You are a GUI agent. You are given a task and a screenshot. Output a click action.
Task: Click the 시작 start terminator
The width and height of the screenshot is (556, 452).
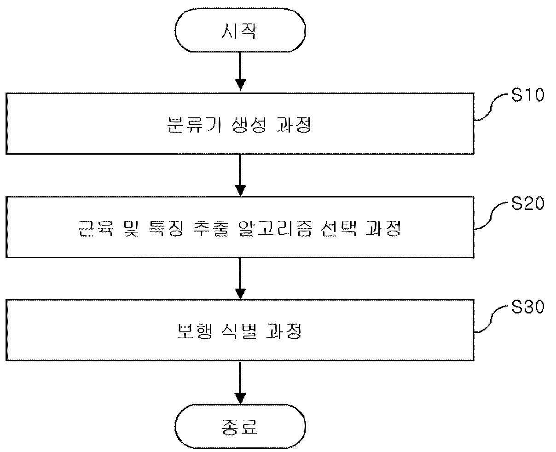[240, 30]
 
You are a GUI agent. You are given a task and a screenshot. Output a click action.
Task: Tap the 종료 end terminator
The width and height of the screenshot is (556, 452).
[240, 426]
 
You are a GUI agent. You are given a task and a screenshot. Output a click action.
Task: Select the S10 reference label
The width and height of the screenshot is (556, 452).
[528, 94]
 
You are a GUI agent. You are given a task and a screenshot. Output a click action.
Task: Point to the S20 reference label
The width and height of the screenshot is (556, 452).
[528, 203]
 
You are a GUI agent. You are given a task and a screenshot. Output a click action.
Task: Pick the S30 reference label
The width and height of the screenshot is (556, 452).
[528, 307]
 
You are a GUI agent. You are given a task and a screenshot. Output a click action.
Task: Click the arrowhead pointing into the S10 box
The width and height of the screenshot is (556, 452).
[240, 85]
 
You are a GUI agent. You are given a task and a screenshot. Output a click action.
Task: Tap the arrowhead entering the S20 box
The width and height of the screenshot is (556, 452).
[240, 191]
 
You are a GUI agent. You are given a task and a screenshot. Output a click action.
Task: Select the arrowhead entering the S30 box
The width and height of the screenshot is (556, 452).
[240, 294]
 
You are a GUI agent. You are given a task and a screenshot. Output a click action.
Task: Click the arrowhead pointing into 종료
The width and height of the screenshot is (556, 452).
[240, 399]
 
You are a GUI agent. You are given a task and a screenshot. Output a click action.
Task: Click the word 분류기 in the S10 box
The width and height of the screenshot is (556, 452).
[195, 125]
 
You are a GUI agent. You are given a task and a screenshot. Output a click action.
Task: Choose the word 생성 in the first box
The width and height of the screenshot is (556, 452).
[249, 125]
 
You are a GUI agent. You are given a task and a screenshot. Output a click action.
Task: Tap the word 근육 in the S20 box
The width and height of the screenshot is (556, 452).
[96, 229]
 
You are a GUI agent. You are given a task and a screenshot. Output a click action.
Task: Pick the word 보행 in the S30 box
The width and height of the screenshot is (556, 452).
[195, 331]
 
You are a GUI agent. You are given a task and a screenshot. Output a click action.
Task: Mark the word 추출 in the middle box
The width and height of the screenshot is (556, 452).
[211, 229]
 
